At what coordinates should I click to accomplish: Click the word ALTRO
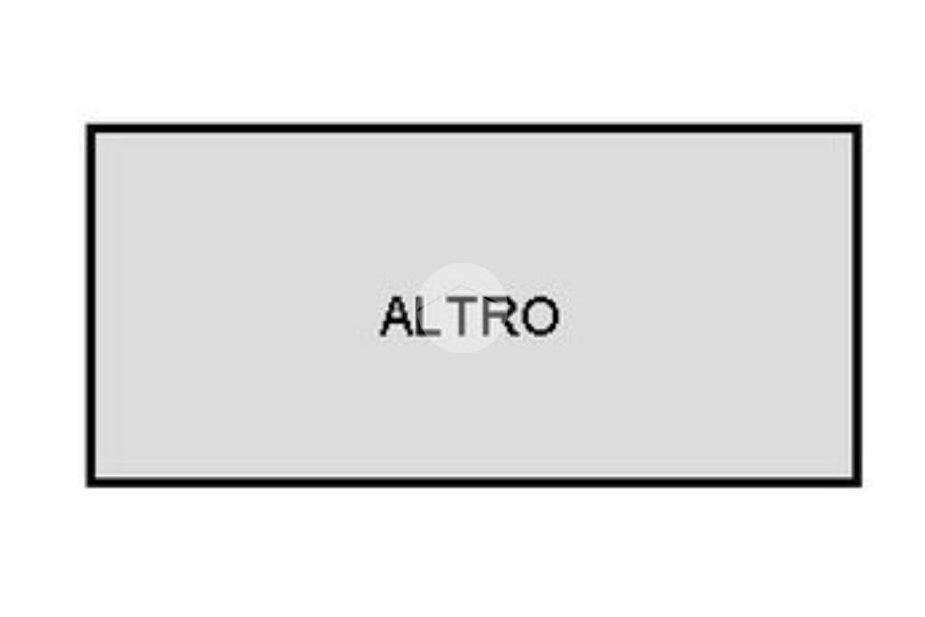tap(469, 316)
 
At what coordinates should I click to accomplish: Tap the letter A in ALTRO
tap(398, 316)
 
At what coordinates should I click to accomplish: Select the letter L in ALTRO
tap(429, 316)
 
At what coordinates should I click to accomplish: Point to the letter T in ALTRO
tap(462, 316)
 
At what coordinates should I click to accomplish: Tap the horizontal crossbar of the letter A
tap(398, 323)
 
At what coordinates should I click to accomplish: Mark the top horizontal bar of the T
tap(462, 299)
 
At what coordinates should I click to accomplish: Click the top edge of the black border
tap(474, 128)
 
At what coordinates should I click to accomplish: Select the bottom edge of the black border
tap(474, 482)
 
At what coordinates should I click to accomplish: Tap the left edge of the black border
tap(91, 305)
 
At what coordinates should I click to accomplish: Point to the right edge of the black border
tap(857, 305)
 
